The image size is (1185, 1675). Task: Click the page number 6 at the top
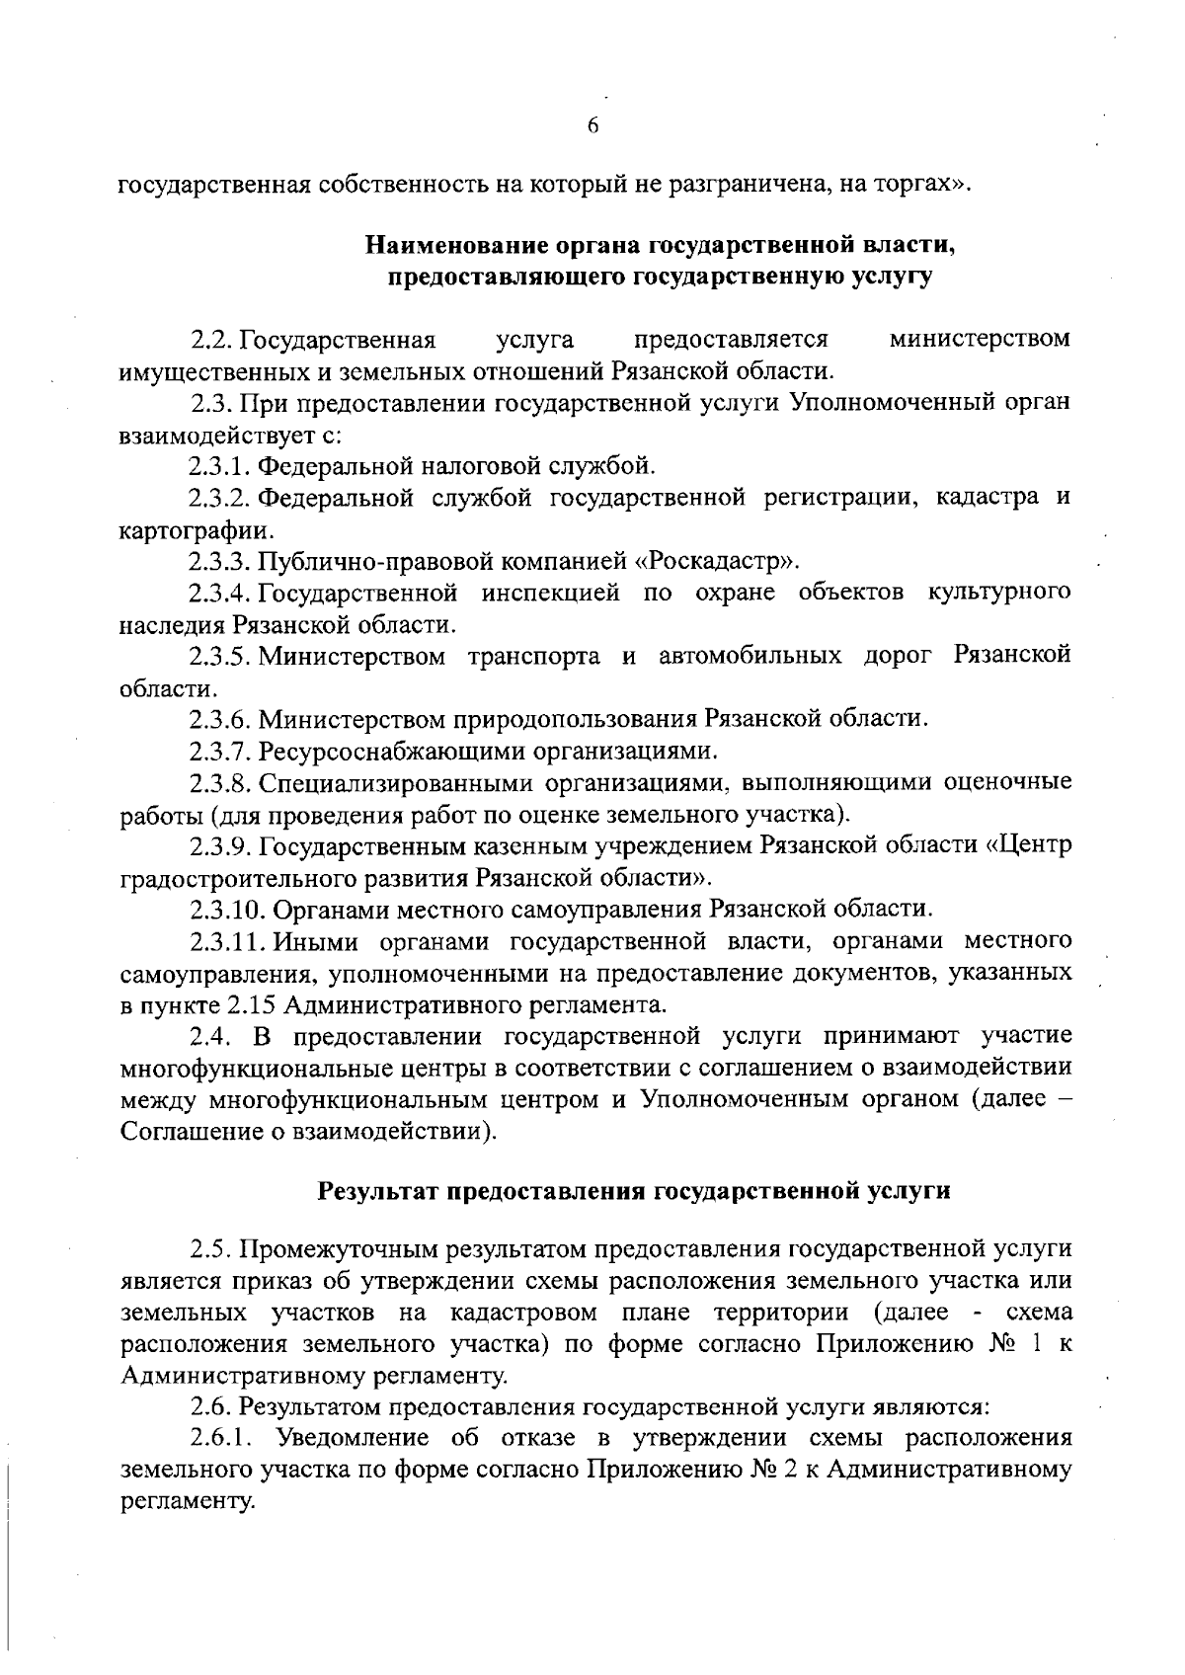pyautogui.click(x=592, y=125)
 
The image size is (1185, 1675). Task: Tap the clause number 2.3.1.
pyautogui.click(x=222, y=465)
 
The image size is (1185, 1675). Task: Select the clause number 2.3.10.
pyautogui.click(x=228, y=908)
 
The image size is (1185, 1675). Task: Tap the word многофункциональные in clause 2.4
pyautogui.click(x=255, y=1068)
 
